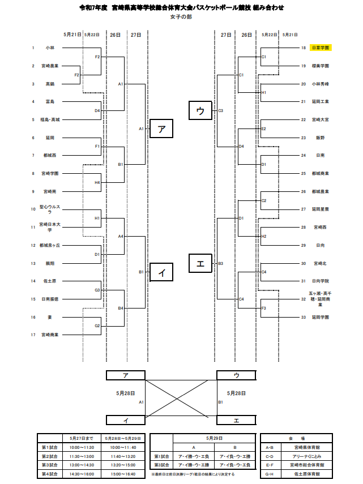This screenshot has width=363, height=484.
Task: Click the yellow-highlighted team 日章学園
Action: pyautogui.click(x=321, y=48)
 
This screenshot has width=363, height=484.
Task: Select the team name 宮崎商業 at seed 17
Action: pyautogui.click(x=50, y=335)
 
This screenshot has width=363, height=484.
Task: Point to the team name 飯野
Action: pyautogui.click(x=321, y=138)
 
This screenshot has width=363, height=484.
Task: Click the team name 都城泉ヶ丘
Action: pyautogui.click(x=50, y=245)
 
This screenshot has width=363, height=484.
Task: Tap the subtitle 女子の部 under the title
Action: pyautogui.click(x=181, y=17)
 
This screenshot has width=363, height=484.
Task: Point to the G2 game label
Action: pyautogui.click(x=97, y=326)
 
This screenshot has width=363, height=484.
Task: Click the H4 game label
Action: pyautogui.click(x=97, y=183)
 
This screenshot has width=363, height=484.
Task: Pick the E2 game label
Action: pyautogui.click(x=264, y=129)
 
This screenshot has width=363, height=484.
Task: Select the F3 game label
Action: pyautogui.click(x=264, y=308)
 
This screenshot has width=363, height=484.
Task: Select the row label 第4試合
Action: pyautogui.click(x=51, y=473)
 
